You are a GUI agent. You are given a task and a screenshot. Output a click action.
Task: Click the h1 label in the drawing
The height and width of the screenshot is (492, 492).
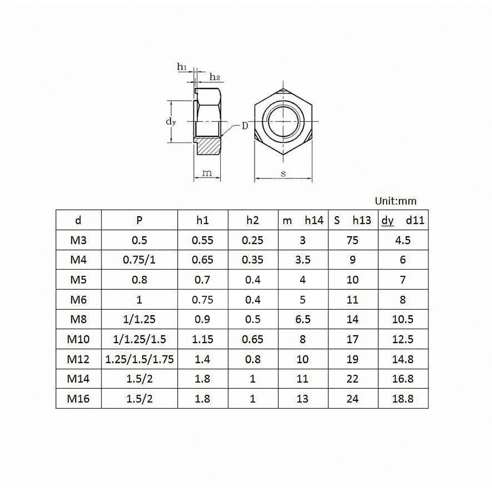tap(182, 67)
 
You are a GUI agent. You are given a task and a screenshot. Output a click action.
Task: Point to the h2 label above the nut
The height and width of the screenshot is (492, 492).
tap(215, 77)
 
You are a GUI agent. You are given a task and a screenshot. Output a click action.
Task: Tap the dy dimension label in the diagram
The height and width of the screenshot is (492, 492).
tap(171, 121)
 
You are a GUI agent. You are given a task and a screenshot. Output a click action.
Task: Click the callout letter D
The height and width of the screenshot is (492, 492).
tap(245, 126)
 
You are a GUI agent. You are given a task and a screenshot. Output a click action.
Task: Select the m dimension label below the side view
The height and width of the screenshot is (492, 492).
tap(207, 173)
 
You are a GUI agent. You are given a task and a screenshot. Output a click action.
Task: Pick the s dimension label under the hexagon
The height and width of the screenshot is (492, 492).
tap(283, 173)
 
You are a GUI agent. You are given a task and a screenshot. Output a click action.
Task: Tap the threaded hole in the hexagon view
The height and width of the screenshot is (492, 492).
tap(283, 121)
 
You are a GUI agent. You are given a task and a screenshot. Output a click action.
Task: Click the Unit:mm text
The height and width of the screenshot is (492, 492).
tap(396, 201)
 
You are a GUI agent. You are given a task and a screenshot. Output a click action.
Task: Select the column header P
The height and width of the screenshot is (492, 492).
tap(139, 220)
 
